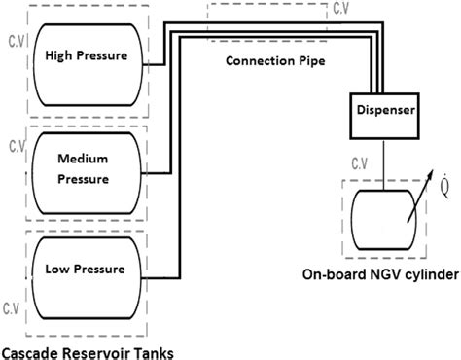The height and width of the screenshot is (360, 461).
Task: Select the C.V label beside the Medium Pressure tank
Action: (15, 147)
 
